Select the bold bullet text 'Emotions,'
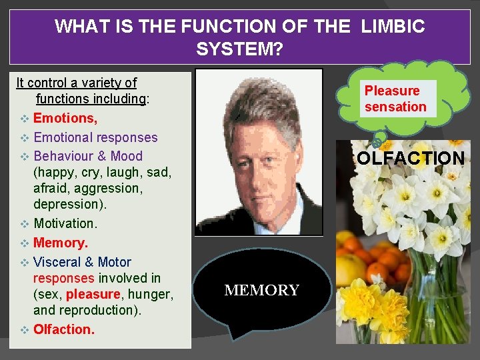pos(65,118)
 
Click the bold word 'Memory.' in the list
pos(61,243)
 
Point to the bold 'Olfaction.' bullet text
pos(64,329)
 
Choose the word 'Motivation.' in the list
pos(65,223)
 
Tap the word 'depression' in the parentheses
pos(63,204)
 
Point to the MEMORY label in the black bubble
pos(262,290)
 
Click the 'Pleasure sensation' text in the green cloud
pos(395,99)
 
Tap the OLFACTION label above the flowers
pos(411,159)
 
